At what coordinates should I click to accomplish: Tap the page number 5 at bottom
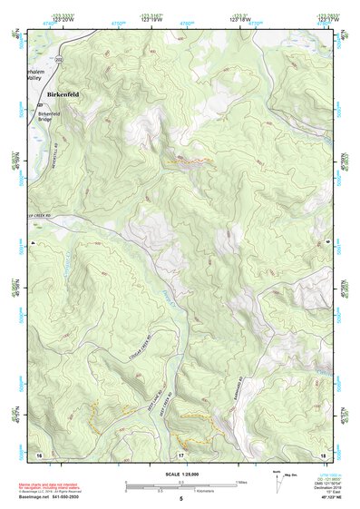(x=180, y=499)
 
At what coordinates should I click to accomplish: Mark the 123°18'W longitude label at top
(x=238, y=19)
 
